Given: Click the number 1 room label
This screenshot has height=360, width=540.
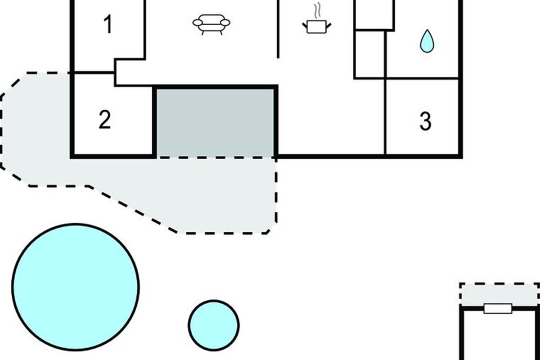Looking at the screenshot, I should point(108,24).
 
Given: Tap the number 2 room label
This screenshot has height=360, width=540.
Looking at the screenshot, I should point(104,120).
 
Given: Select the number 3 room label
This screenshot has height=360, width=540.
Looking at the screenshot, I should point(425,121).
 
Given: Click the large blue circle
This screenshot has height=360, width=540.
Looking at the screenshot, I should point(76,287).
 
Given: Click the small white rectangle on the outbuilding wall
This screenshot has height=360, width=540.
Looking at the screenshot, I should point(498,309).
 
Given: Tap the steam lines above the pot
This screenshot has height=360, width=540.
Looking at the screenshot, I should point(317,10).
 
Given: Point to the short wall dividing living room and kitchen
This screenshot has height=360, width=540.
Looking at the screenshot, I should point(278,29).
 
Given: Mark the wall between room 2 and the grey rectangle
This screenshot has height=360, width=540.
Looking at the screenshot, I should point(155,121).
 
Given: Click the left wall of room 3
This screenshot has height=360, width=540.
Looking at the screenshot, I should point(386,117).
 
